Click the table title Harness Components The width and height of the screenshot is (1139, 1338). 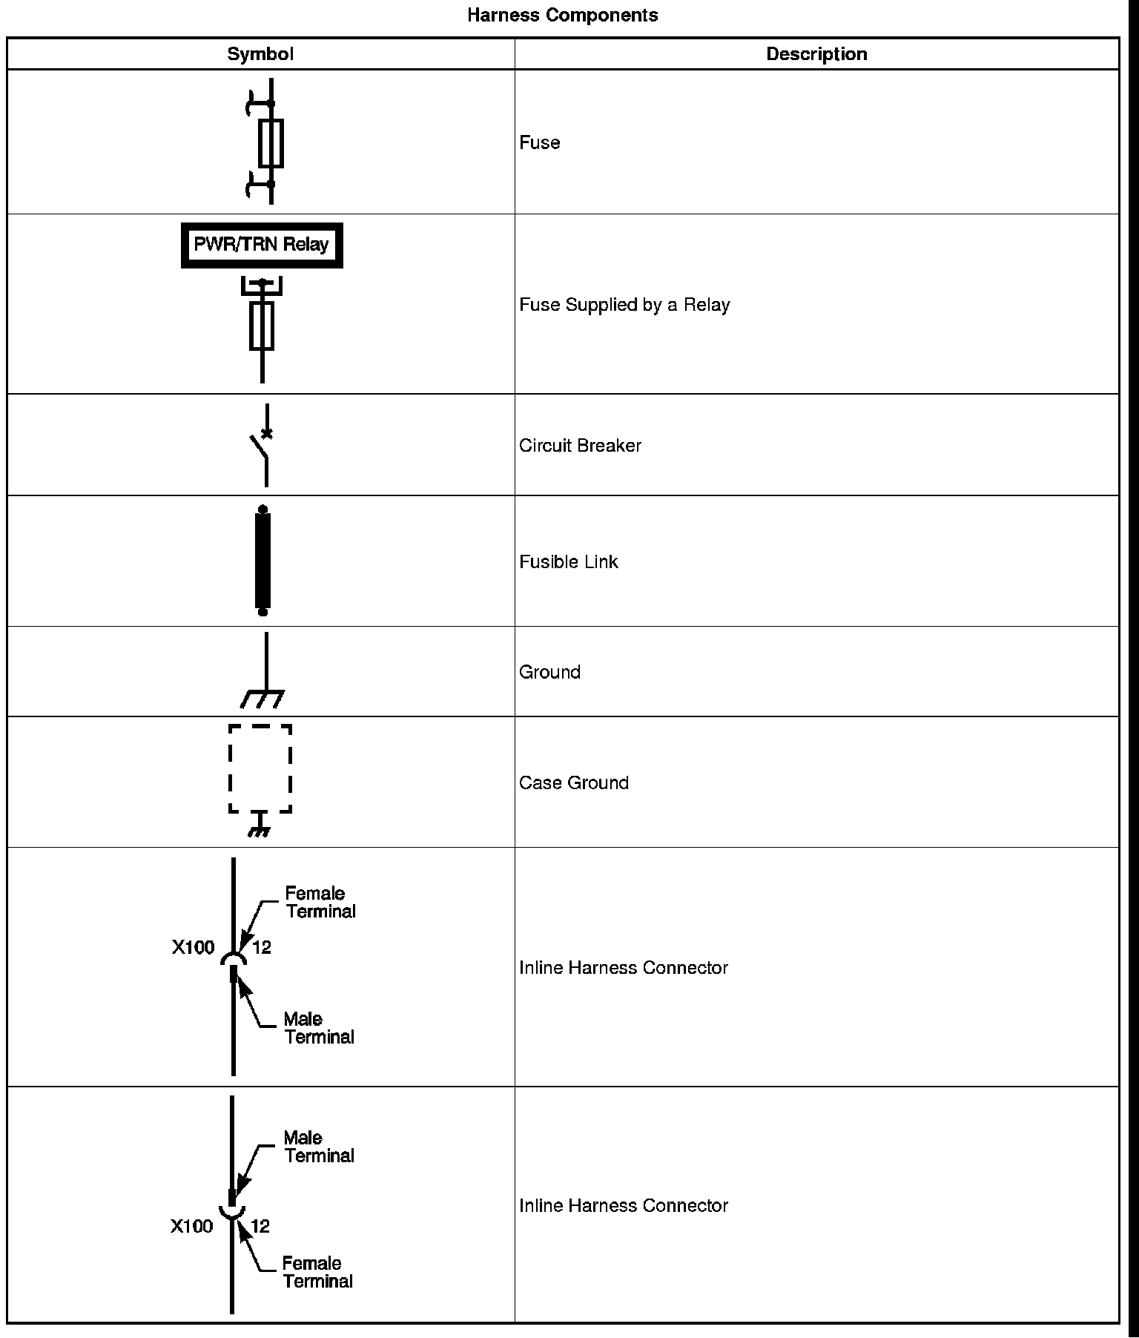tap(562, 16)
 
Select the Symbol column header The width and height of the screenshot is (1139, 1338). tap(260, 54)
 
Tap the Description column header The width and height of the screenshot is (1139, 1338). tap(816, 54)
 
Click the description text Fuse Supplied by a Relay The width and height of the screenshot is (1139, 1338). tap(624, 305)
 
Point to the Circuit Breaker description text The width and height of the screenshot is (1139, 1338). tap(580, 446)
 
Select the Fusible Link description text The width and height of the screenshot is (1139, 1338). tap(568, 562)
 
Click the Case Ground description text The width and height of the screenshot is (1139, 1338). tap(573, 783)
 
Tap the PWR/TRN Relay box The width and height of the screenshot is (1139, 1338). tap(262, 245)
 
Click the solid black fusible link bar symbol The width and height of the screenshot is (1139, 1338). tap(263, 561)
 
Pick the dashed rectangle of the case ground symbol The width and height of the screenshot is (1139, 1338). tap(260, 769)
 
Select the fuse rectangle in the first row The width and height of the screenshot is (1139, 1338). tap(271, 143)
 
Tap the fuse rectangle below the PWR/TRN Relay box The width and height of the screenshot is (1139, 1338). tap(262, 325)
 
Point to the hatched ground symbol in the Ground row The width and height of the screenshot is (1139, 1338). tap(263, 699)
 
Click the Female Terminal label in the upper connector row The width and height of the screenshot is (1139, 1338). tap(320, 903)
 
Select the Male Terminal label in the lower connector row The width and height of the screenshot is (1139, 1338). tap(319, 1147)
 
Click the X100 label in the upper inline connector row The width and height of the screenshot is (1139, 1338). tap(194, 948)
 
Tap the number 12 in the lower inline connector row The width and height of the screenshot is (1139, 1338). tap(260, 1227)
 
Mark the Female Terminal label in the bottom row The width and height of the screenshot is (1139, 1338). tap(317, 1272)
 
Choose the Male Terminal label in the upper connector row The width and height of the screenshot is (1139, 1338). tap(319, 1028)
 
